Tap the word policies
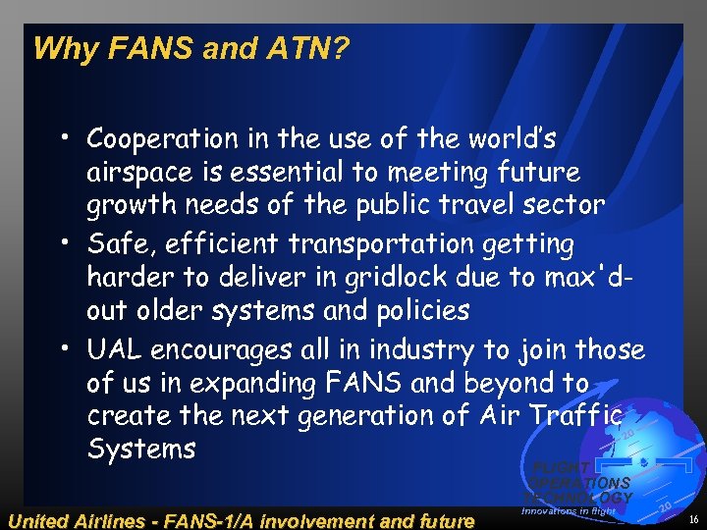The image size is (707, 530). [x=420, y=311]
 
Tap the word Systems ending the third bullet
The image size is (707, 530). [x=141, y=450]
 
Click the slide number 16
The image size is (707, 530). [x=694, y=518]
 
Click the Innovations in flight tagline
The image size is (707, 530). [x=569, y=511]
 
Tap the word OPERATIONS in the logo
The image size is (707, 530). [x=582, y=483]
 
